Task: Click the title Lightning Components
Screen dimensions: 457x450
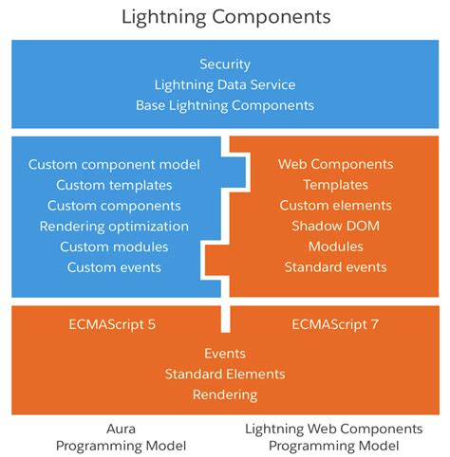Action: [225, 17]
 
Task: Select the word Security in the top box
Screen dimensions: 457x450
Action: [225, 64]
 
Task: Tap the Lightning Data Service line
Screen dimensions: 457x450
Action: [225, 84]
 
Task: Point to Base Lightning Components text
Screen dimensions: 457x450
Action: [225, 104]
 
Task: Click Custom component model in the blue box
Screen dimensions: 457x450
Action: [114, 164]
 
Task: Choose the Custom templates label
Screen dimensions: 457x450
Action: [114, 185]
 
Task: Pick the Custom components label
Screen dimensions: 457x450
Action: [114, 206]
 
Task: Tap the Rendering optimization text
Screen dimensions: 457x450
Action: [114, 227]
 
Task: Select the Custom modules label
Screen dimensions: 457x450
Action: [114, 247]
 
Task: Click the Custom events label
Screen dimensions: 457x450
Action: [114, 267]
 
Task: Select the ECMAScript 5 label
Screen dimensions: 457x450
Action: [113, 324]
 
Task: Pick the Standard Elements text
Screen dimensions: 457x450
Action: [225, 374]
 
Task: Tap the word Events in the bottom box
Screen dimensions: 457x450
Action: [225, 353]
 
